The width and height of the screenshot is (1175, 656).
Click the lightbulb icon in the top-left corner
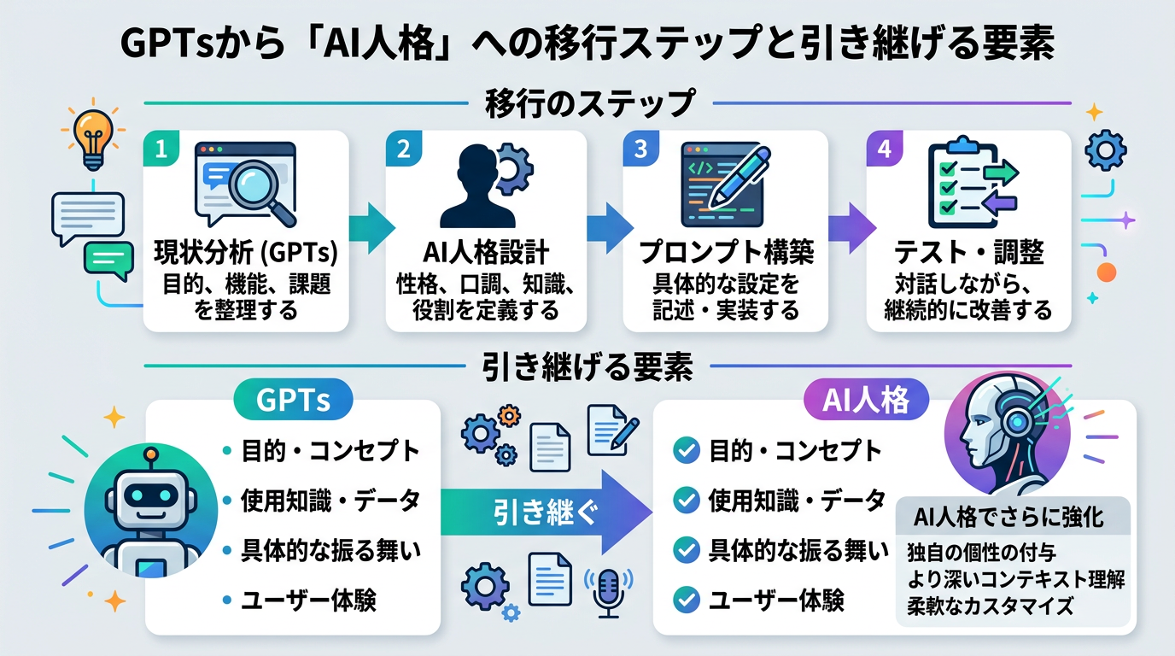[x=92, y=138]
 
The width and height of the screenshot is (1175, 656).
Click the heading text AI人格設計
[x=486, y=255]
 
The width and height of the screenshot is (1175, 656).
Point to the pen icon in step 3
[x=740, y=174]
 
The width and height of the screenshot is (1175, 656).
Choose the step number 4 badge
[x=885, y=149]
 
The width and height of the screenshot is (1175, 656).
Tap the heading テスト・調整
[x=968, y=255]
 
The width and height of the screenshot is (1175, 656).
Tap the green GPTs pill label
[x=293, y=400]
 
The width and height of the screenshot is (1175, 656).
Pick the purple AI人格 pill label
[x=866, y=400]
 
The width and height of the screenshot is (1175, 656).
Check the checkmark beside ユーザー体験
[x=686, y=600]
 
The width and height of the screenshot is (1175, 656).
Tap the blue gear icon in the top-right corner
[x=1105, y=152]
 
